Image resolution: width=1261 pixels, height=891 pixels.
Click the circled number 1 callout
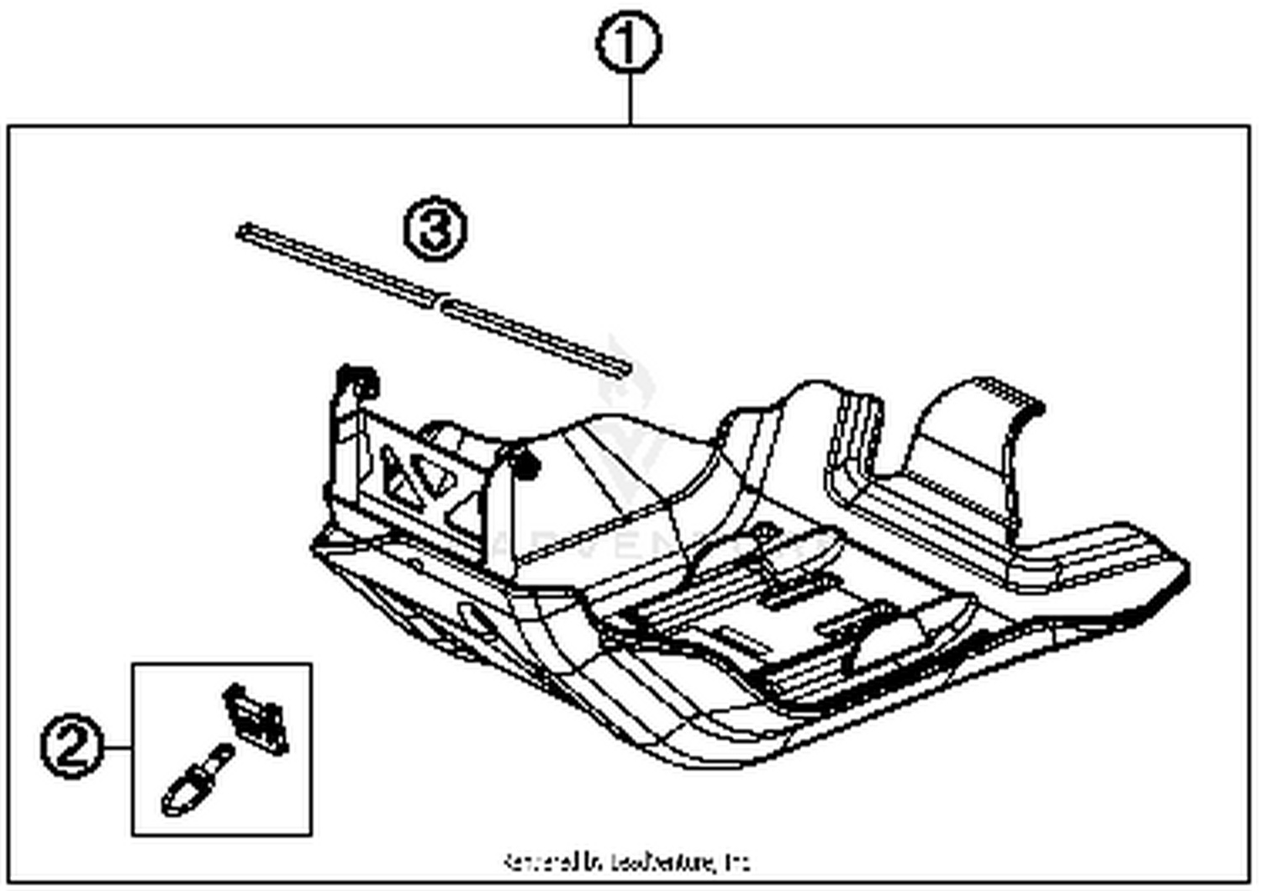click(x=629, y=44)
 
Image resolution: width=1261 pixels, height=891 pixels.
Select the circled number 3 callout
click(x=434, y=229)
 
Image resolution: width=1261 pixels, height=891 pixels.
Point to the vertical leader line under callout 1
click(x=630, y=99)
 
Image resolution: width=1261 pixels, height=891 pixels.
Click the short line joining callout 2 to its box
click(x=118, y=747)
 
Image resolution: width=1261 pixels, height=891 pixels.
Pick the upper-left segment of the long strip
click(x=336, y=265)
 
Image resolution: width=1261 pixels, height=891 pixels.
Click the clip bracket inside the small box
click(x=256, y=716)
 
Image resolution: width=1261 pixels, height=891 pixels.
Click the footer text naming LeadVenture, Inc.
click(x=626, y=862)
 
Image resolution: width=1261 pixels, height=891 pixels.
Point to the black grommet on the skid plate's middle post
click(x=525, y=465)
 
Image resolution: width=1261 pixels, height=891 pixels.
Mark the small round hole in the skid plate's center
click(x=764, y=532)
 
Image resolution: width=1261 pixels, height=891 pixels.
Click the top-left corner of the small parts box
click(x=133, y=664)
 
